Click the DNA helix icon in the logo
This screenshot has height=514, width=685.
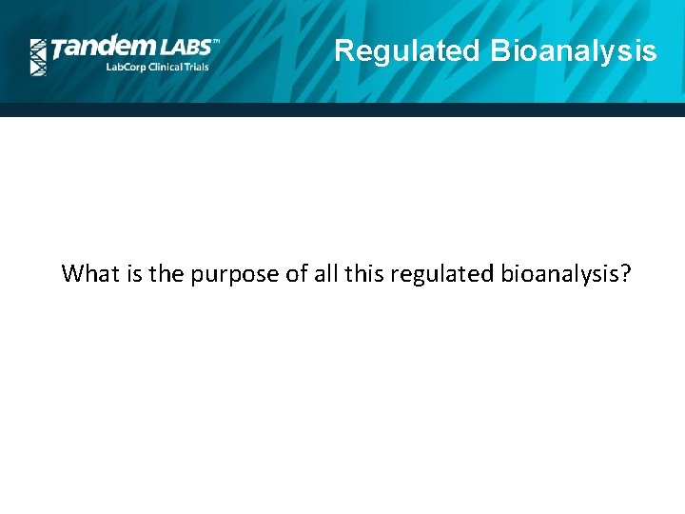click(38, 57)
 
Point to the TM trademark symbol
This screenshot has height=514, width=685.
click(215, 42)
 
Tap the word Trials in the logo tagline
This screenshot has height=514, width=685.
click(196, 69)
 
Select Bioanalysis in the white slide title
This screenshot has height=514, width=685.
click(574, 50)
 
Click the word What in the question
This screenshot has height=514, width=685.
click(88, 274)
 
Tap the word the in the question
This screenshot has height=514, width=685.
click(164, 274)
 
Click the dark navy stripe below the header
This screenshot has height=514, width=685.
click(342, 109)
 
